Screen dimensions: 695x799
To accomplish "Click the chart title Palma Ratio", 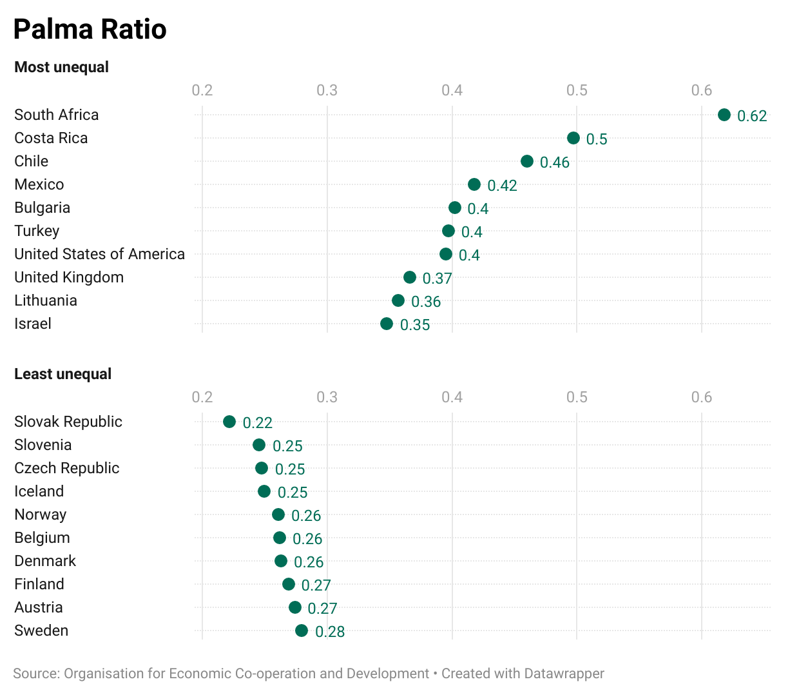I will point(90,30).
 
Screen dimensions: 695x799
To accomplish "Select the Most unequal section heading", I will point(61,67).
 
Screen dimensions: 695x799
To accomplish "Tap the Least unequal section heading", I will point(63,374).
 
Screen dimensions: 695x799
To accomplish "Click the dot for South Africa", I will point(724,115).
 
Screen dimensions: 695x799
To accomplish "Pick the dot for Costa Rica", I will point(573,138).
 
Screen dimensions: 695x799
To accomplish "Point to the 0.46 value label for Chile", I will point(554,162).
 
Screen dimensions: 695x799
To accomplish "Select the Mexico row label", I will point(39,184).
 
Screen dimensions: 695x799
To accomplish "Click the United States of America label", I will point(99,254).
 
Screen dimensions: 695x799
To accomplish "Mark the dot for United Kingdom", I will point(410,277).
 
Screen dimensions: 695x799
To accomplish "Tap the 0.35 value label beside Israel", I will point(414,325).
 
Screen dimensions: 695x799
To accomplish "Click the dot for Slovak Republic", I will point(229,422).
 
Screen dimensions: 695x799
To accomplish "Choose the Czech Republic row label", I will point(67,468).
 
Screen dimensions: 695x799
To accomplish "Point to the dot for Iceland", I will point(264,491).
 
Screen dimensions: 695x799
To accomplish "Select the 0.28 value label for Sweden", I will point(330,632).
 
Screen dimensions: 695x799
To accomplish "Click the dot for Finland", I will point(289,584).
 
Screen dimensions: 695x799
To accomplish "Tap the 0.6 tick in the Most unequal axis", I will point(701,90).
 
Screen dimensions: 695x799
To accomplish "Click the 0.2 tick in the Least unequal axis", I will point(202,397).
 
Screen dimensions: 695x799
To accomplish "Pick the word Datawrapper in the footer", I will point(564,674).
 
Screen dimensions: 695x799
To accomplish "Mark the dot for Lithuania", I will point(398,300).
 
